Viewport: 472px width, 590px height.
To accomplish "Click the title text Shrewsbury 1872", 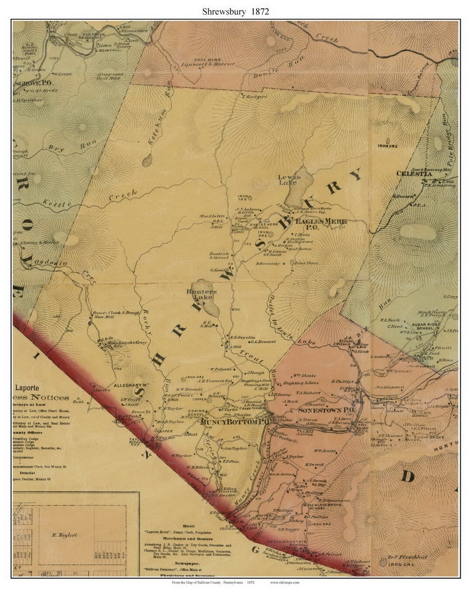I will click(x=236, y=11).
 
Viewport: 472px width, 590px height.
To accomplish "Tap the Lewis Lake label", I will click(x=289, y=180).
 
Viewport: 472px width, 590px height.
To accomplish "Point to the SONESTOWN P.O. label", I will click(x=326, y=411).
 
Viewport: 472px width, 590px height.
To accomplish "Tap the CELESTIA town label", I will click(x=414, y=174).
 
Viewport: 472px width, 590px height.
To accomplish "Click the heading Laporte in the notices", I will click(x=28, y=387).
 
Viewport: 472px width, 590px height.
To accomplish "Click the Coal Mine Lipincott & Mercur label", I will click(x=208, y=62).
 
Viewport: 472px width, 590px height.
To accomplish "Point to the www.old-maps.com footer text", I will click(x=285, y=582).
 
